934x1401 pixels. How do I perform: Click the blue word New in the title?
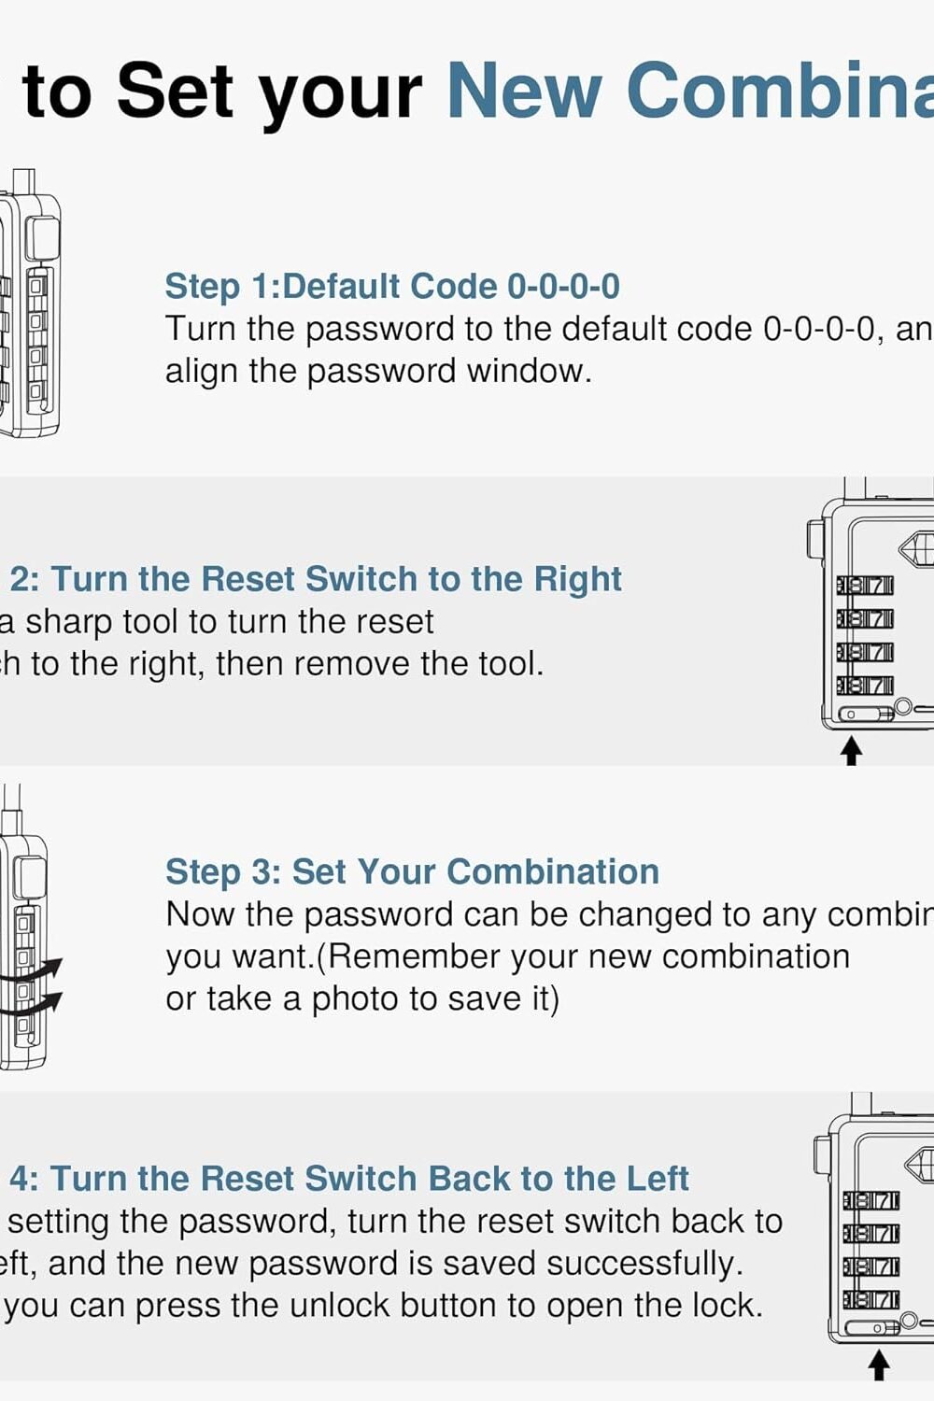(523, 91)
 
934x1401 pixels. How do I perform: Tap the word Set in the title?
(176, 91)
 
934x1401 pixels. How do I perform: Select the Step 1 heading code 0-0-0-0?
(563, 286)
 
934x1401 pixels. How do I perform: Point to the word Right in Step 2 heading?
(577, 579)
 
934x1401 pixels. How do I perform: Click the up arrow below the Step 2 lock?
(851, 750)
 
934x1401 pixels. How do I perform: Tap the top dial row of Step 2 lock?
(865, 586)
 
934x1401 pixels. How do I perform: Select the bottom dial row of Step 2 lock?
(865, 686)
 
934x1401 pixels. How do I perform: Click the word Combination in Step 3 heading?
(553, 871)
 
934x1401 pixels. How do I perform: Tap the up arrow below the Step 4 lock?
(878, 1366)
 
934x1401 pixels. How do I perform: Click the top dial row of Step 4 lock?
(870, 1200)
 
